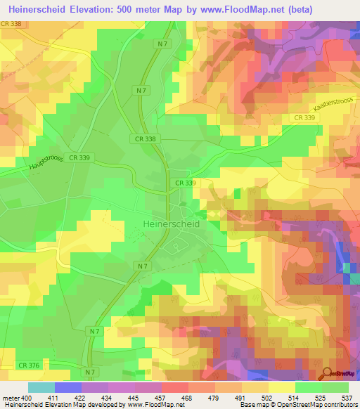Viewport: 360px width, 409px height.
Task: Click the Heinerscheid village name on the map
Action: coord(171,223)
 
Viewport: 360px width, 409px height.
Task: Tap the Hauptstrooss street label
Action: coord(46,165)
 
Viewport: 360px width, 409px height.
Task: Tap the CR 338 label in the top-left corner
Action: coord(11,24)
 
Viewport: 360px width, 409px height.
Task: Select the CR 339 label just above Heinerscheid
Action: coord(185,183)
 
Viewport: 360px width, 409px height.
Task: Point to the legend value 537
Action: coord(347,398)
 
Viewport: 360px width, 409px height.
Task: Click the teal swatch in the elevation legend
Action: coord(41,387)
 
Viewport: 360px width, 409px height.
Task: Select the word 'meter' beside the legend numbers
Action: coord(11,398)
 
